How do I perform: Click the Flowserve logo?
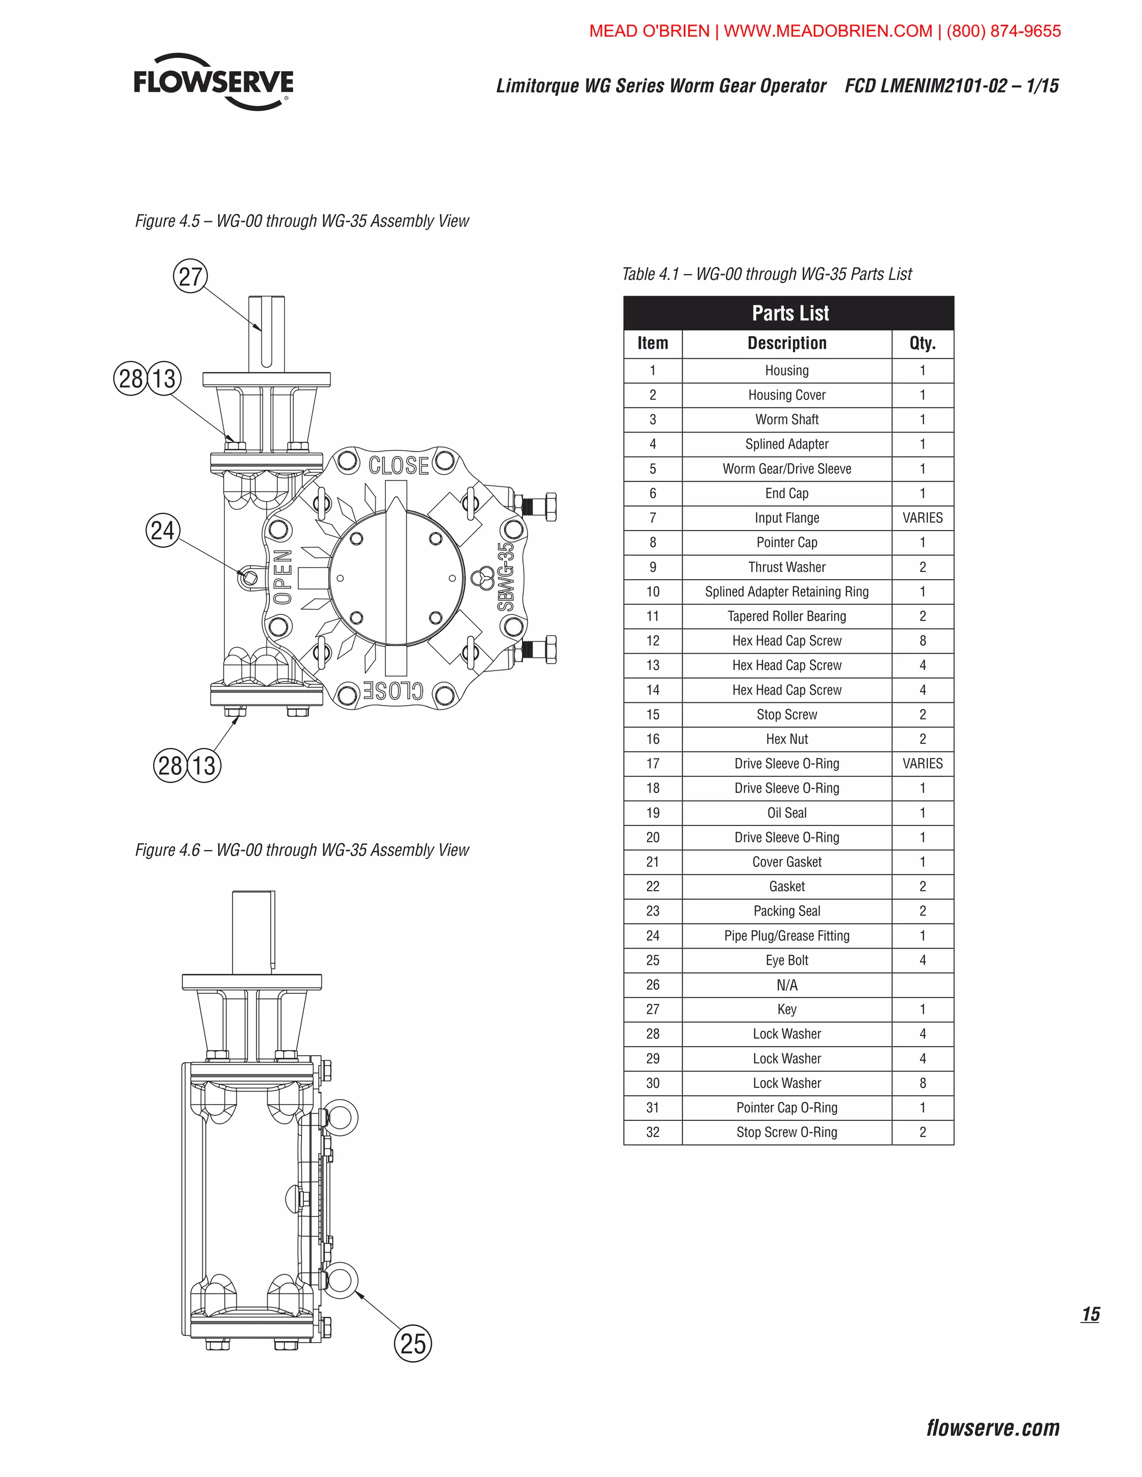[213, 82]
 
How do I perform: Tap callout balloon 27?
[190, 276]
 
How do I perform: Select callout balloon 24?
[162, 530]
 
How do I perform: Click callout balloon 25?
[413, 1343]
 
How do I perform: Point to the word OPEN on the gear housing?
[283, 576]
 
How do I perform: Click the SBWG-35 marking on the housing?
[506, 576]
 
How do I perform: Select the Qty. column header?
[922, 343]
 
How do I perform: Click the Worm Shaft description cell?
[786, 419]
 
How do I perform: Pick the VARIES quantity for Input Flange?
[922, 518]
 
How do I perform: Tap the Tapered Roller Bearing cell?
[786, 616]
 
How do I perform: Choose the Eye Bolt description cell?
[786, 960]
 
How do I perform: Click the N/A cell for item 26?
[786, 985]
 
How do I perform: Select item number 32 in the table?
[652, 1132]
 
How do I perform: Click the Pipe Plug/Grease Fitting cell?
[786, 936]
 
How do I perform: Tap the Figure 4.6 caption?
[302, 850]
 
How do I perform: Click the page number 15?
[1090, 1314]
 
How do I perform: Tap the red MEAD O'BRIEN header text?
[824, 31]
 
